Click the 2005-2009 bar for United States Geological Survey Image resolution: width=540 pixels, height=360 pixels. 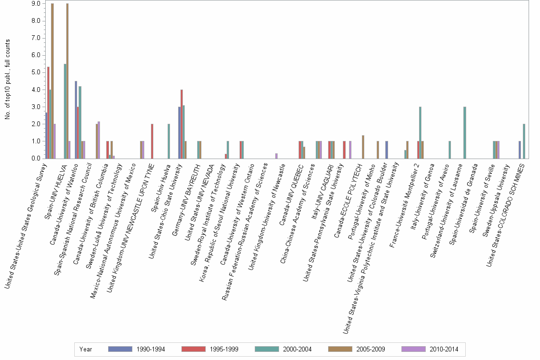tap(52, 81)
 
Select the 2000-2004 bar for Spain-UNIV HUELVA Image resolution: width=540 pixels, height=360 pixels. tap(65, 111)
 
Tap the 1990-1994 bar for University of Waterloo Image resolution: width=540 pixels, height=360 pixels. tap(76, 120)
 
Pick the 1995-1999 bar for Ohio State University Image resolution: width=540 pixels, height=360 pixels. tap(181, 124)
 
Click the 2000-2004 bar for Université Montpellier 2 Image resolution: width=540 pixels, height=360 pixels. tap(420, 132)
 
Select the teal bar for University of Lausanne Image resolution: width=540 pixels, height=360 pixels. tap(464, 132)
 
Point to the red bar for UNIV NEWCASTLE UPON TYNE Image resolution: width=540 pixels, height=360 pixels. tap(152, 141)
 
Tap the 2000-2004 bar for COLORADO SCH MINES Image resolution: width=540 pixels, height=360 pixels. tap(524, 141)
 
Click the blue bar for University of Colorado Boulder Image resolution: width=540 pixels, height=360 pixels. tap(387, 150)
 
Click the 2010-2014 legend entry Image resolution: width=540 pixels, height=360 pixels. tap(430, 350)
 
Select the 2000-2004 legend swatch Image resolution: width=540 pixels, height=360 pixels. tap(269, 350)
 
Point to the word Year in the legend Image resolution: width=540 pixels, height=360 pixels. tap(86, 350)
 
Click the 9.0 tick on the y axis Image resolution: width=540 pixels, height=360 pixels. tap(34, 4)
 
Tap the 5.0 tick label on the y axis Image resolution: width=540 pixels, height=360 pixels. tap(34, 72)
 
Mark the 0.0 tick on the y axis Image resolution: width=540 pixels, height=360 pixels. tap(34, 159)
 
